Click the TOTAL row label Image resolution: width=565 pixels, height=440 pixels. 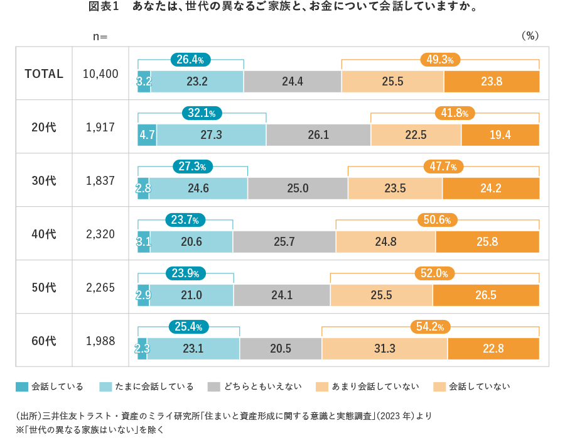point(44,74)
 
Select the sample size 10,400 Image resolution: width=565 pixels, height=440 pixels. point(100,74)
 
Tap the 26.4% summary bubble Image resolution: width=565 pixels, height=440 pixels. point(190,60)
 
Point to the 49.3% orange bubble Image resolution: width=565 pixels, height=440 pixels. point(440,60)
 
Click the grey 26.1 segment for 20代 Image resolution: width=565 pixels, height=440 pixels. point(318,135)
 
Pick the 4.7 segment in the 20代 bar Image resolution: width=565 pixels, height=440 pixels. point(147,135)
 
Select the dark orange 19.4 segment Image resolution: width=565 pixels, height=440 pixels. point(500,135)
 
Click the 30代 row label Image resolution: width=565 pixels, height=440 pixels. point(44,180)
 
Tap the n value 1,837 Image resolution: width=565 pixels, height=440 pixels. point(100,180)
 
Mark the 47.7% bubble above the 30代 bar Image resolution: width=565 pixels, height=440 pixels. point(443,167)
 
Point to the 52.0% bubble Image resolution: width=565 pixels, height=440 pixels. point(434,273)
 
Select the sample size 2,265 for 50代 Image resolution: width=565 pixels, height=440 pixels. point(100,287)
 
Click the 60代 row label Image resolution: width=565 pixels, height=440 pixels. point(44,341)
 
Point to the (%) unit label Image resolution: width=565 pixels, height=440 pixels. point(530,36)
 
